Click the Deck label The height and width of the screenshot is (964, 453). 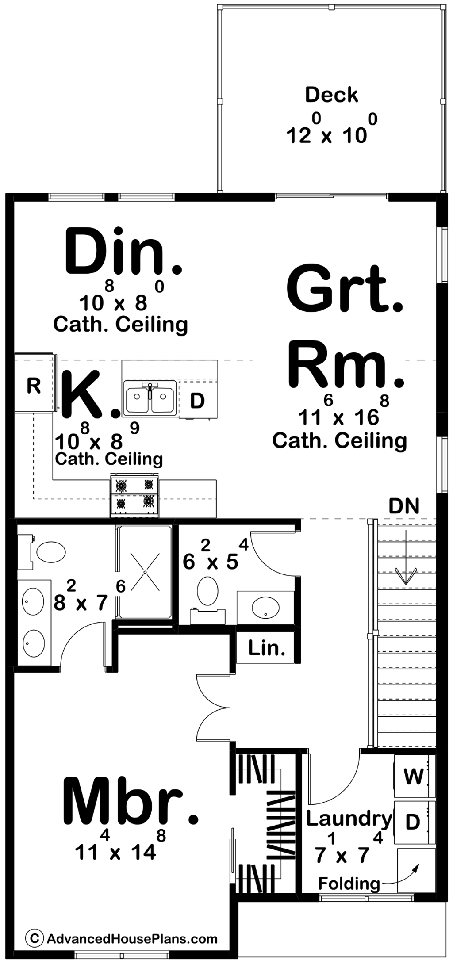[x=331, y=95]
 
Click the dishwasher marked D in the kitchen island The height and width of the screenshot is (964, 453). [x=198, y=399]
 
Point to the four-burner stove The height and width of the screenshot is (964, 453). [x=134, y=496]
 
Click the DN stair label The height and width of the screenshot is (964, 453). [x=404, y=506]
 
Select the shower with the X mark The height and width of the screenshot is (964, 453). [x=144, y=572]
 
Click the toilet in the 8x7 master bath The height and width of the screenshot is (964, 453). [x=42, y=552]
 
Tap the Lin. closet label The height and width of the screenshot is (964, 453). [x=266, y=648]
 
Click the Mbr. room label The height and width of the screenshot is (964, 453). [x=131, y=802]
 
